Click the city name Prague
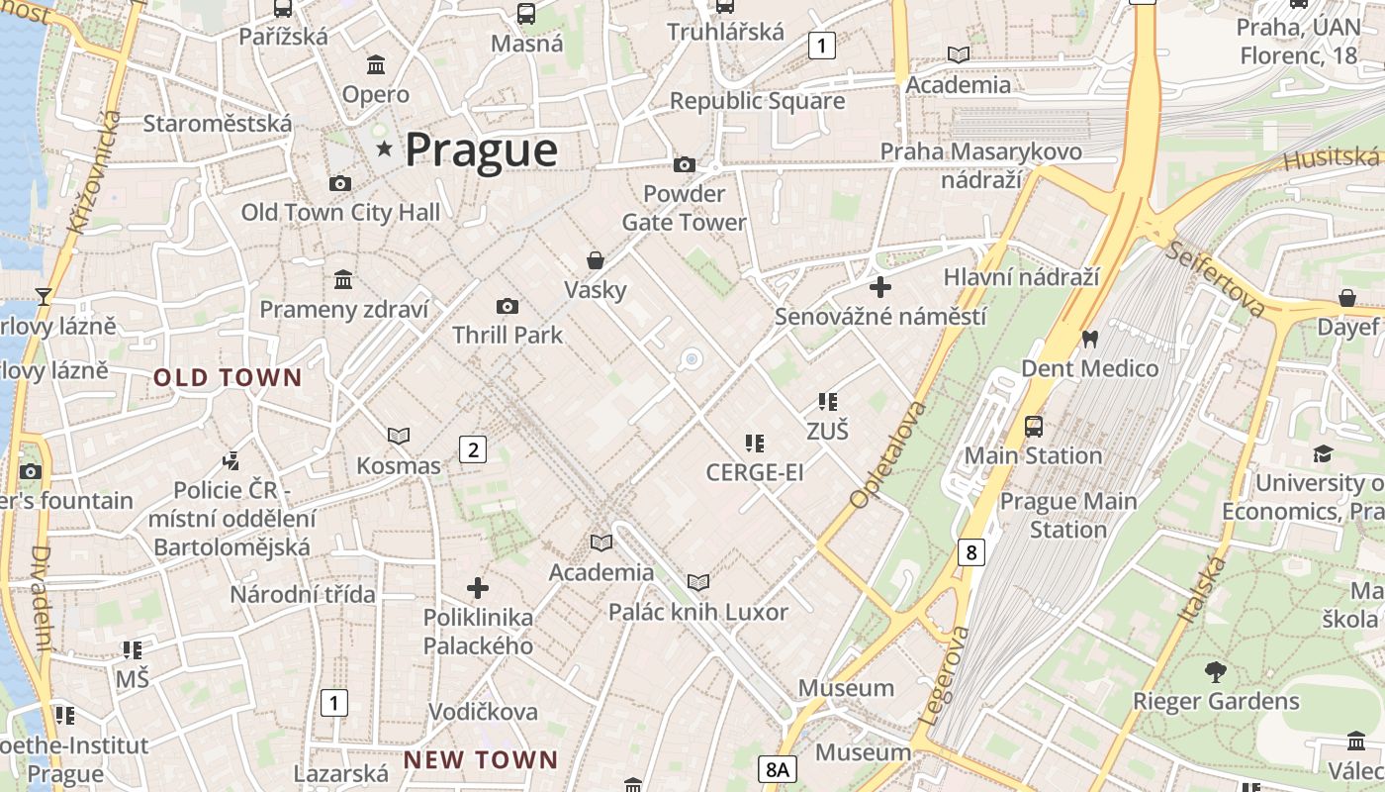point(481,150)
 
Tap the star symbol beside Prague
point(384,149)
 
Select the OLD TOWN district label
point(228,377)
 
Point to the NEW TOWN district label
point(481,760)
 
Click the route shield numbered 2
point(473,450)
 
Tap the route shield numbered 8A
point(779,769)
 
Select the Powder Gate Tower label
point(684,208)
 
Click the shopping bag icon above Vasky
point(596,260)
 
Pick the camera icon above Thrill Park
point(508,307)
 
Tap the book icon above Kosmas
point(399,436)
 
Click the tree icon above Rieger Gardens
point(1216,673)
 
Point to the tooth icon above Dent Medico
point(1090,339)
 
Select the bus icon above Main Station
point(1033,427)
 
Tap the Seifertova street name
point(1215,279)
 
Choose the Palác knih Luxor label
point(698,612)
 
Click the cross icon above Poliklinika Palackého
point(478,588)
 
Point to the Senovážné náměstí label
point(880,317)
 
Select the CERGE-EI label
point(755,473)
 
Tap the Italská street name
point(1202,589)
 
